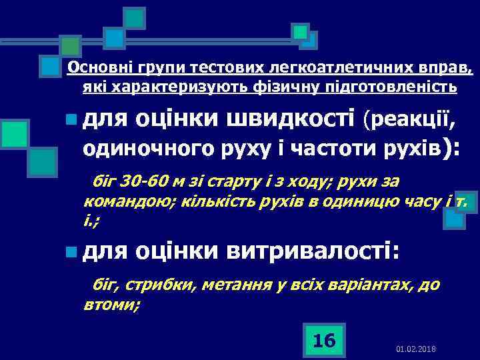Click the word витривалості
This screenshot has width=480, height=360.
(x=314, y=251)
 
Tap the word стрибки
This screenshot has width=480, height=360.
(x=152, y=286)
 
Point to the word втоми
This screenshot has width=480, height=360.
(x=111, y=305)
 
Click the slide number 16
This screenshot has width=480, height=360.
(x=324, y=341)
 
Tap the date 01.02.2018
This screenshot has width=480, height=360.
(x=415, y=349)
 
